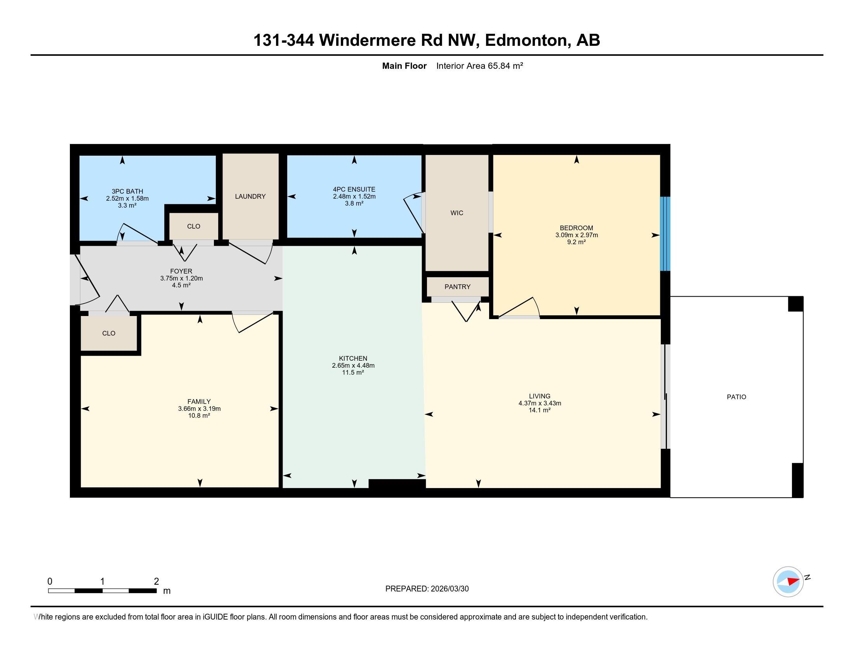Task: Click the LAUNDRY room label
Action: (x=250, y=196)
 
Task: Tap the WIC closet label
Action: (x=457, y=213)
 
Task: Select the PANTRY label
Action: (x=458, y=287)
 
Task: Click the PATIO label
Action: (x=736, y=397)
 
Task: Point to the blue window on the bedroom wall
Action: (x=665, y=233)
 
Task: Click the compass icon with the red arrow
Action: (x=788, y=582)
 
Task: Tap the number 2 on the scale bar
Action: (x=156, y=582)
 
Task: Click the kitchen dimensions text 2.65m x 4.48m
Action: (x=353, y=366)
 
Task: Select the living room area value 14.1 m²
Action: (x=540, y=410)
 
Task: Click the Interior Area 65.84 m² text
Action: (x=480, y=66)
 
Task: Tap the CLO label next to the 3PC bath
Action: (x=194, y=226)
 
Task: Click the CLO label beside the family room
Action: (x=109, y=333)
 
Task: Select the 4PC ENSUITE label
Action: (x=354, y=189)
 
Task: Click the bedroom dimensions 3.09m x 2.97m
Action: (x=576, y=235)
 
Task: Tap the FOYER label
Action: (x=181, y=271)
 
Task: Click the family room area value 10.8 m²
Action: (x=199, y=416)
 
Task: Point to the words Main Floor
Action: (x=404, y=66)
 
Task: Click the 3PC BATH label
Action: (x=127, y=191)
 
